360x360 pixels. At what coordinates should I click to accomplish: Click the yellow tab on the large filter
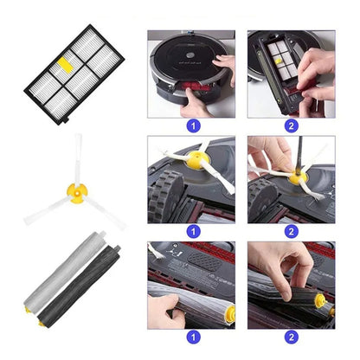coord(65,65)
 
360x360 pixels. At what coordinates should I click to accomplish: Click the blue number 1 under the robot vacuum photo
coord(193,126)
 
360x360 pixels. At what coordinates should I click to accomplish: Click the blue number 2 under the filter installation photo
coord(292,126)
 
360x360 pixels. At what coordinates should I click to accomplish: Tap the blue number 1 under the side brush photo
coord(193,232)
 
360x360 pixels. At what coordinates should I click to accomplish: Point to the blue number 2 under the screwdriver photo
coord(292,232)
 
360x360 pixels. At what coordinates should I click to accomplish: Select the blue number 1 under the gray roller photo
coord(193,337)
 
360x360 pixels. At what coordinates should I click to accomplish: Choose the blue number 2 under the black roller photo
coord(292,337)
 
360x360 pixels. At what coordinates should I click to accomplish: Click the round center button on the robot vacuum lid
coord(190,55)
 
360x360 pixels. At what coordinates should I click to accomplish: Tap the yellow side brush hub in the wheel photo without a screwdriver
coord(197,159)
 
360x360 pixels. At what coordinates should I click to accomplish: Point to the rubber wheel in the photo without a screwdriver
coord(165,196)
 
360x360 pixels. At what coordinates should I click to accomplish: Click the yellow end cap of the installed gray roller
coord(230,313)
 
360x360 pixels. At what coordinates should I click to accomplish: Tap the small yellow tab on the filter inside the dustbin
coord(278,61)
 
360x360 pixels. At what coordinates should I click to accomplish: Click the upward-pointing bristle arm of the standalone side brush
coord(78,159)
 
